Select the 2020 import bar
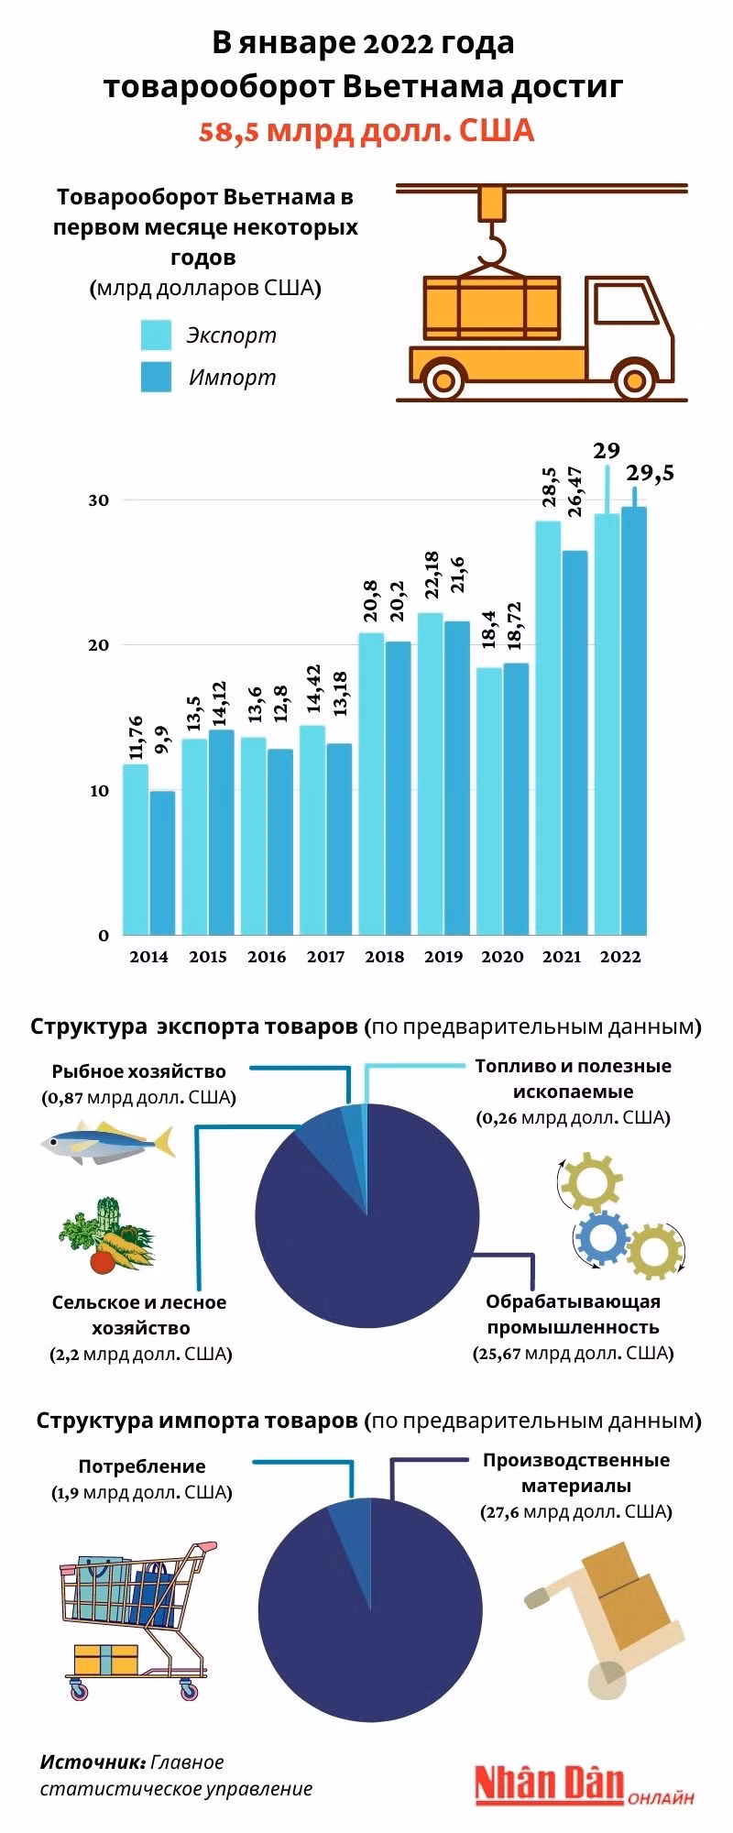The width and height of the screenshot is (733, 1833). click(517, 797)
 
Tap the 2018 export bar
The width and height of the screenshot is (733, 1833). click(371, 784)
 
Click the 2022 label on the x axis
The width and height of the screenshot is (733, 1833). click(620, 957)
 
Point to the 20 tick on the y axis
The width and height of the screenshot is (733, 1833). click(98, 644)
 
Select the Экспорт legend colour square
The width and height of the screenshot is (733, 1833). click(156, 335)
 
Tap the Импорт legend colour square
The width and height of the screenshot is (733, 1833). click(156, 378)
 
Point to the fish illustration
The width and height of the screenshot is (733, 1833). click(107, 1142)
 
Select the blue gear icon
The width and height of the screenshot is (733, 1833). click(601, 1238)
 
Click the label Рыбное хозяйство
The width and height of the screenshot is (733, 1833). click(138, 1071)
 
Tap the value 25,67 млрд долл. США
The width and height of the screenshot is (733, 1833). click(574, 1354)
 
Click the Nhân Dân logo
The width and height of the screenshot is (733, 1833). click(550, 1783)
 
